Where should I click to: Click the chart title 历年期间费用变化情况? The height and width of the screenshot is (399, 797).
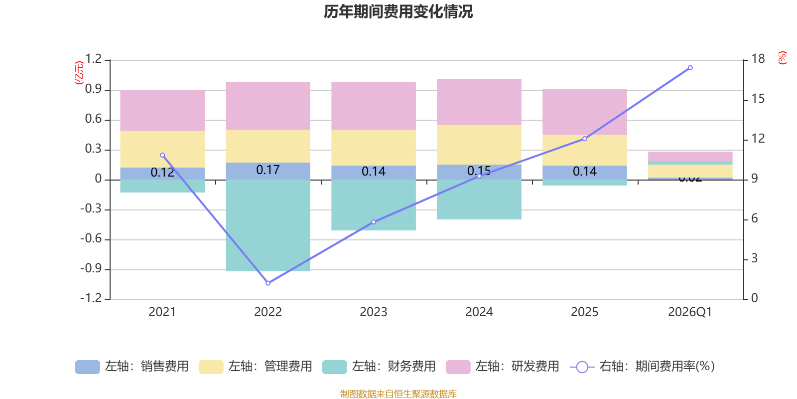tap(398, 11)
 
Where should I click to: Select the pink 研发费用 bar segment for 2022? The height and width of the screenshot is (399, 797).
tap(268, 106)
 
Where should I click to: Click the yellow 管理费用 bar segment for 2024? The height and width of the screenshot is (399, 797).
tap(479, 145)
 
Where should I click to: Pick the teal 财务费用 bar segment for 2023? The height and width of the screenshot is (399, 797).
tap(374, 205)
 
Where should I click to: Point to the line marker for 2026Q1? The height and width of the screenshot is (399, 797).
tap(690, 67)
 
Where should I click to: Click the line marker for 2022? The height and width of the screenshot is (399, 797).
tap(268, 283)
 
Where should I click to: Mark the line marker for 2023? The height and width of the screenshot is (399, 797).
tap(374, 222)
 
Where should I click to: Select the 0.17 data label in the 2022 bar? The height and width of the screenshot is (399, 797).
tap(268, 170)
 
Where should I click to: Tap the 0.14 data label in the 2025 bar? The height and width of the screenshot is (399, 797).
tap(585, 172)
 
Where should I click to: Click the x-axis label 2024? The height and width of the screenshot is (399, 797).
tap(479, 312)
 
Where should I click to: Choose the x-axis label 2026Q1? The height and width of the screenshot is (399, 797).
tap(690, 312)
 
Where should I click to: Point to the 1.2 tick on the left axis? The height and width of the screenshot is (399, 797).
tap(93, 59)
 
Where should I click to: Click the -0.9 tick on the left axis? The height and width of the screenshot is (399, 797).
tap(91, 269)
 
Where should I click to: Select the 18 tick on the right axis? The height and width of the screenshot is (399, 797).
tap(758, 59)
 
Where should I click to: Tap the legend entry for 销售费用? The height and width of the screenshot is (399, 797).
tap(133, 367)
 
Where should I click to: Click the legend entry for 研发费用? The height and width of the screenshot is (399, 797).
tap(503, 367)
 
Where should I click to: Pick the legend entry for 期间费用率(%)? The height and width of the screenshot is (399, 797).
tap(643, 367)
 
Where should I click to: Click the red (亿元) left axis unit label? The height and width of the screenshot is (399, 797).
tap(79, 73)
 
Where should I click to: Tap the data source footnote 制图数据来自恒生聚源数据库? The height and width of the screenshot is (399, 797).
tap(398, 394)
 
